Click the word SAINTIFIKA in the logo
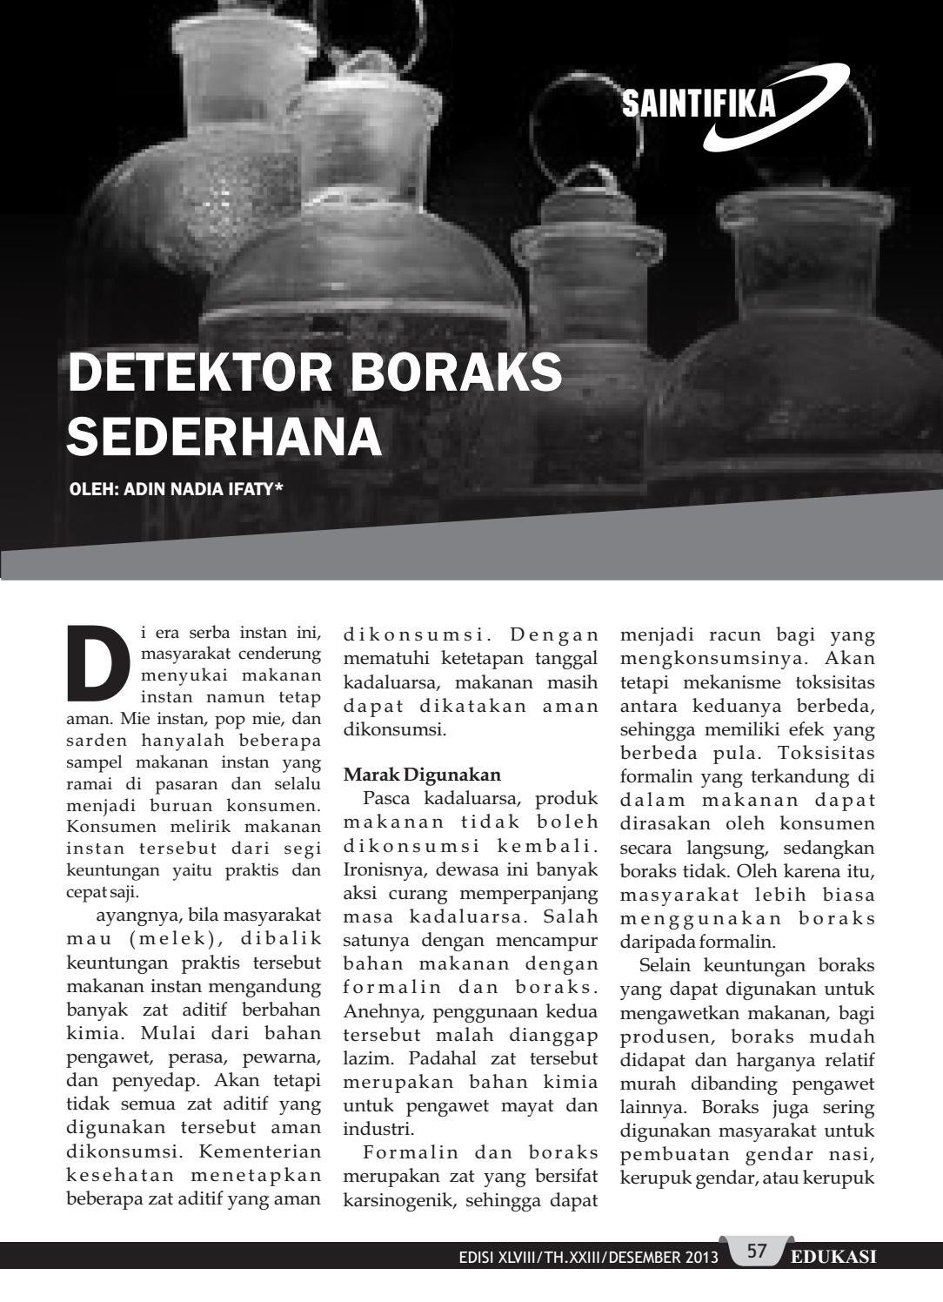[x=699, y=104]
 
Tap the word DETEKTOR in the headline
[x=199, y=372]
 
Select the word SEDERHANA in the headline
[x=224, y=436]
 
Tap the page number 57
[x=757, y=1252]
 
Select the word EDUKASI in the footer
[x=833, y=1256]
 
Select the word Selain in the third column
[x=665, y=964]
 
